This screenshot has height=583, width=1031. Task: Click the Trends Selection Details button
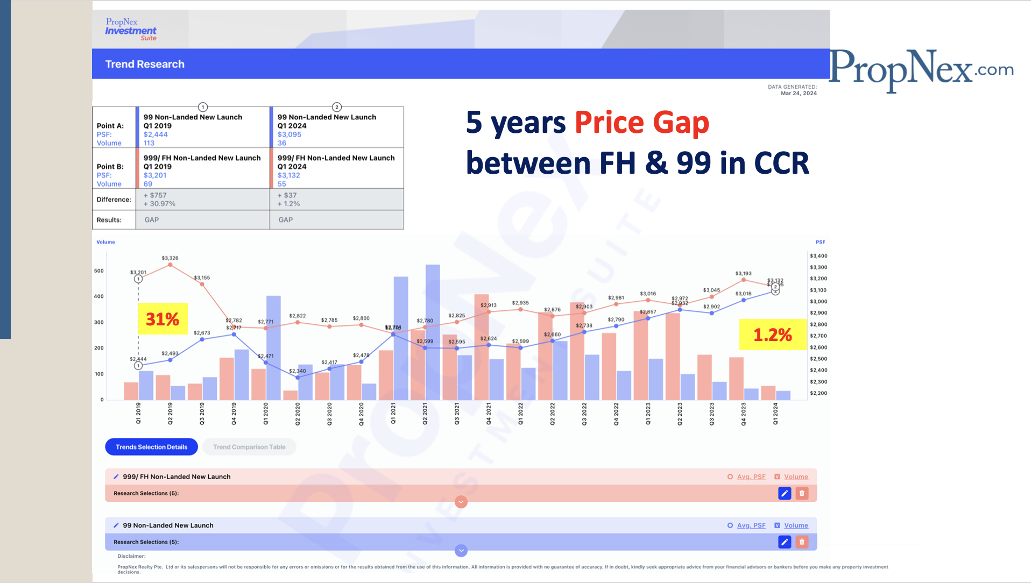click(151, 447)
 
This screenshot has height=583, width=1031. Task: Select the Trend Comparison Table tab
click(249, 447)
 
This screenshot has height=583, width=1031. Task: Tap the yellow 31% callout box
click(163, 319)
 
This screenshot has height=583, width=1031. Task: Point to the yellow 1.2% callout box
click(772, 335)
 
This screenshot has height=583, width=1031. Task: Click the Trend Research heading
click(145, 64)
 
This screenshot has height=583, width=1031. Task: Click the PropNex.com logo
click(921, 69)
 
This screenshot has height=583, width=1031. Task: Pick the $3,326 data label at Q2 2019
click(170, 258)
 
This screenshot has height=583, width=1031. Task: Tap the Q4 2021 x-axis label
click(489, 414)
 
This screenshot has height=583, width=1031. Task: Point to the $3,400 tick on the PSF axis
click(818, 256)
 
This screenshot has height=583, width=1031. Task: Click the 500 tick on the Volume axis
click(99, 271)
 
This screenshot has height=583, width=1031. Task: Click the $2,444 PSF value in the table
click(156, 134)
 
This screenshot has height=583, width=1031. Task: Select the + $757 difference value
click(155, 195)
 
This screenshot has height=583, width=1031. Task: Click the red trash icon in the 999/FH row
click(802, 493)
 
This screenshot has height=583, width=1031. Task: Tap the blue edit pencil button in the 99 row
click(785, 542)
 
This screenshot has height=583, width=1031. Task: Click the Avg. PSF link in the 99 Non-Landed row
click(751, 525)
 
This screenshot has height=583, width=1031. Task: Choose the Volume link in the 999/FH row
click(796, 477)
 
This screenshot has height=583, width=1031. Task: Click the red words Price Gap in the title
click(641, 123)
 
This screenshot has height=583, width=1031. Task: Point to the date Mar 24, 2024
click(799, 94)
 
